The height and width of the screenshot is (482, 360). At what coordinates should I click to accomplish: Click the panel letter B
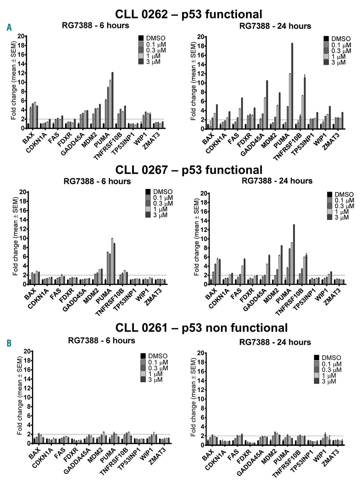(9, 343)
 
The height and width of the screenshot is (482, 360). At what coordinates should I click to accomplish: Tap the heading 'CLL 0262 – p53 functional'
(188, 14)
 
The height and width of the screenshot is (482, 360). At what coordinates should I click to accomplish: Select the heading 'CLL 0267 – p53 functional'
(189, 170)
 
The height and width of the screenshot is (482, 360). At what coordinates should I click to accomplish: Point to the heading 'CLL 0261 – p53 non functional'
(201, 328)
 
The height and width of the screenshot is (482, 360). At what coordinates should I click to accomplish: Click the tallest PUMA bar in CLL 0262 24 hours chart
(292, 86)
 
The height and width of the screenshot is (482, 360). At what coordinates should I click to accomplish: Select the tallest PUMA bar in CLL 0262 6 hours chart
(112, 100)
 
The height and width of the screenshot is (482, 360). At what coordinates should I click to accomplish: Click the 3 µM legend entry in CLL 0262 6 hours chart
(150, 62)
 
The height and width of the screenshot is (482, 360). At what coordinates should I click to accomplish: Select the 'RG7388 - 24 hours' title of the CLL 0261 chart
(275, 342)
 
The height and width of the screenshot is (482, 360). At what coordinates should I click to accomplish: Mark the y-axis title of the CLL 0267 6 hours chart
(15, 237)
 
